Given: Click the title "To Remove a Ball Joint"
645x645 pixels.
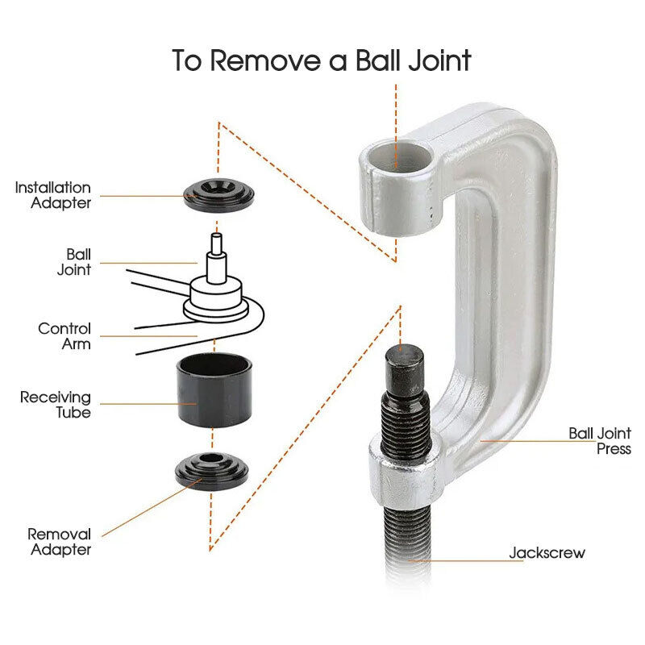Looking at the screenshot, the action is (321, 60).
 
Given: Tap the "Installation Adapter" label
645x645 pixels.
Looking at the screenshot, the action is (53, 195).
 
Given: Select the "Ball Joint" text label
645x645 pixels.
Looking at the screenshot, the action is (74, 261).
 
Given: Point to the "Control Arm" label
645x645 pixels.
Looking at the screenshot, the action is (64, 336).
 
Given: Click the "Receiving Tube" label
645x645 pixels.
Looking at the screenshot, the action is (56, 405).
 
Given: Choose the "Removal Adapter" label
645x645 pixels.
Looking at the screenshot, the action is (60, 542).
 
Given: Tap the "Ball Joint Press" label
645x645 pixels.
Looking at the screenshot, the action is (600, 440).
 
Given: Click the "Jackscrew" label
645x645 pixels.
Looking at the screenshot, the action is (547, 552).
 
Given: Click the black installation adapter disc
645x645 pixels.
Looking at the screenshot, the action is (218, 195).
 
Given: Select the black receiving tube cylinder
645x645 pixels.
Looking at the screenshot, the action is (214, 390).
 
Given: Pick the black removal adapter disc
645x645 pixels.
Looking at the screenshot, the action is (212, 472).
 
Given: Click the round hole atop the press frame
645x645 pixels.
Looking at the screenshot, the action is (398, 156).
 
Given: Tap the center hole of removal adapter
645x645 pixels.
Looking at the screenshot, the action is (211, 458).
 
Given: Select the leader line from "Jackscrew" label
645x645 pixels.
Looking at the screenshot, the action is (465, 560).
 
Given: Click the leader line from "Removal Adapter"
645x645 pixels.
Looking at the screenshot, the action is (152, 508).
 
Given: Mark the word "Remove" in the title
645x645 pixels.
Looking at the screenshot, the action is (265, 61).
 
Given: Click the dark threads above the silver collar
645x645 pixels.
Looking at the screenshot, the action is (406, 419).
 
